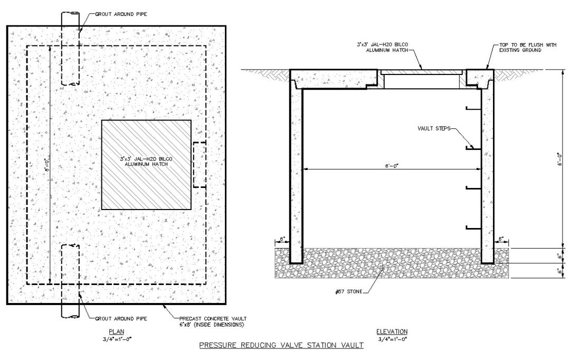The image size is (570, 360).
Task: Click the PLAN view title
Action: point(116,331)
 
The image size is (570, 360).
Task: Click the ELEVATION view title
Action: point(392,331)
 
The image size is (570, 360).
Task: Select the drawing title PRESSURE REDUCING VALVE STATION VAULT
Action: point(281,345)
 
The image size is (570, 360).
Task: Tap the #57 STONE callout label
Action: point(349,291)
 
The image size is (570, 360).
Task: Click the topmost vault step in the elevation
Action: point(473,108)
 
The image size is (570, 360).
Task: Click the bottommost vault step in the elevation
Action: point(473,228)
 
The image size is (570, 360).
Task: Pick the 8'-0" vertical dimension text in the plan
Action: point(46,166)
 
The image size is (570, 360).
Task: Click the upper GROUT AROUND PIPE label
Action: point(121,14)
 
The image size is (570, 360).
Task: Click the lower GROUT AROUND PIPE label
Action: point(121,318)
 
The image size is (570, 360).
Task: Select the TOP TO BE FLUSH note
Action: point(527,48)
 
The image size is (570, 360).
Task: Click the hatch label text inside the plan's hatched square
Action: point(146,162)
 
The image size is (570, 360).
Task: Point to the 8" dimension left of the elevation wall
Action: point(282,239)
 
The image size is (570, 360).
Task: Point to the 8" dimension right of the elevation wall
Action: point(502,239)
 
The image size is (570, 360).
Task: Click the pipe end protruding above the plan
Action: point(70,18)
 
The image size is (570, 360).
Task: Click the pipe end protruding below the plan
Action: point(70,311)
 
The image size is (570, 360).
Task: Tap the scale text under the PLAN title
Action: point(116,339)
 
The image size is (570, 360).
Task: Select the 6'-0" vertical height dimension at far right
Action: point(560,159)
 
